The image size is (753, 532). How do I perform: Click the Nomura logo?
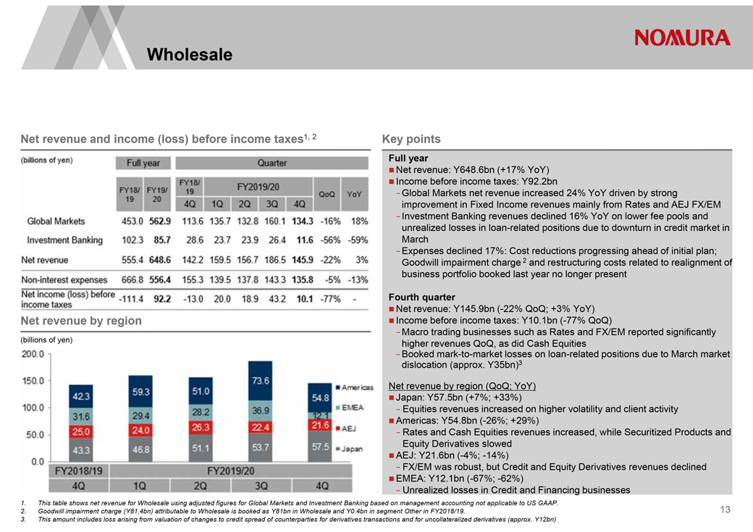[683, 38]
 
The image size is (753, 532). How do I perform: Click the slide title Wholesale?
[189, 54]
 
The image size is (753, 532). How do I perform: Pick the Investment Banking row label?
[64, 240]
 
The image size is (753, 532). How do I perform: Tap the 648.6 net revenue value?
[158, 260]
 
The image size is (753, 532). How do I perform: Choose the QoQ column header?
[327, 195]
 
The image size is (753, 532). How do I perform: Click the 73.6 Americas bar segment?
[261, 381]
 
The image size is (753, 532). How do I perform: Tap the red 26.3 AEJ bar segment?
[201, 427]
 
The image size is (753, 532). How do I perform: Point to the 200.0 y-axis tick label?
[33, 354]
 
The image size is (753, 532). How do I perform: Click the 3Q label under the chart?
[261, 485]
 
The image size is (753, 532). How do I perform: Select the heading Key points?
[411, 139]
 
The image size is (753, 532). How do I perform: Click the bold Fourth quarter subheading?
[421, 297]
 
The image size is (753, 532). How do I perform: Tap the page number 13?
[725, 510]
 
